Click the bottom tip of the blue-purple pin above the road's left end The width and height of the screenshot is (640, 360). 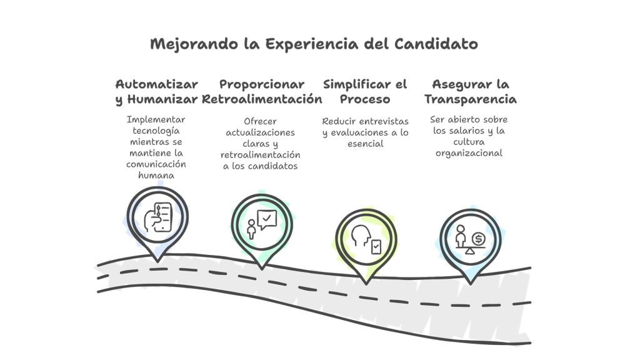pyautogui.click(x=157, y=261)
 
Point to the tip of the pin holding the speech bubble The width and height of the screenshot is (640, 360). pyautogui.click(x=262, y=269)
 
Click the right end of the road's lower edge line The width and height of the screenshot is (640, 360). pyautogui.click(x=531, y=343)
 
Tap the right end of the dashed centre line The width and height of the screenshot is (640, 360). pyautogui.click(x=531, y=302)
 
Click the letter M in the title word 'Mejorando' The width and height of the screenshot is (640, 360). pyautogui.click(x=157, y=44)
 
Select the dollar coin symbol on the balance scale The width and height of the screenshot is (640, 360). pyautogui.click(x=478, y=239)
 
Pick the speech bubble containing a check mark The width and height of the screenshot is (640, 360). pyautogui.click(x=267, y=219)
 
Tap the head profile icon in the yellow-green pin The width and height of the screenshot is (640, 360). pyautogui.click(x=361, y=236)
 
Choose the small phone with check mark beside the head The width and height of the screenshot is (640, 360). pyautogui.click(x=376, y=247)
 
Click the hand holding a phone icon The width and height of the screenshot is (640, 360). pyautogui.click(x=158, y=217)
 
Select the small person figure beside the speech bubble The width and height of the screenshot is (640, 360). pyautogui.click(x=251, y=229)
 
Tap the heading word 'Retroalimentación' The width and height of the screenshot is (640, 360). pyautogui.click(x=262, y=99)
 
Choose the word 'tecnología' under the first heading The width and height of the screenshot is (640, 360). pyautogui.click(x=156, y=131)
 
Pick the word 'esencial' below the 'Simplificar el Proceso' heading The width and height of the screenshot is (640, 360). pyautogui.click(x=365, y=144)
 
